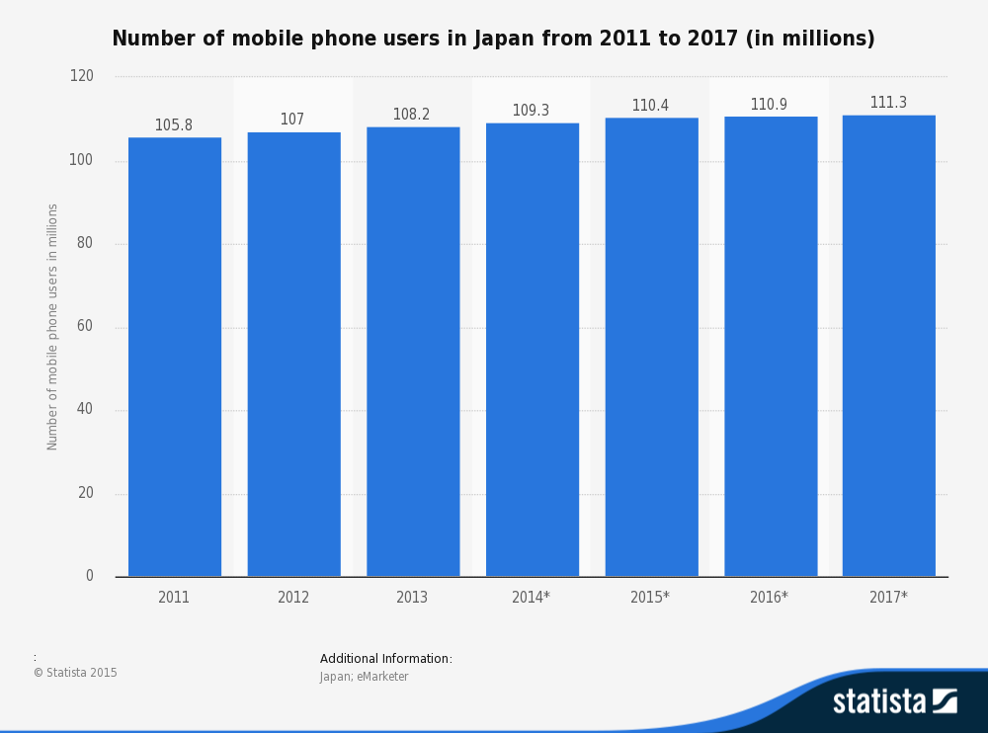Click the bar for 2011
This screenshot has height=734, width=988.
tap(175, 357)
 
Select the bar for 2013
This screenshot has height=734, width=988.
tap(413, 352)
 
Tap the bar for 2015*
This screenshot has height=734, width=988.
tap(651, 347)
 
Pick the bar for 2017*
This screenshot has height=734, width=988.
tap(888, 346)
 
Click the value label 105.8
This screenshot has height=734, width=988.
tap(174, 125)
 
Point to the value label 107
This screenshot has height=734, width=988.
tap(292, 120)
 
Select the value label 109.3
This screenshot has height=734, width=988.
tap(531, 111)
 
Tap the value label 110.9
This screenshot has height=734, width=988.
tap(769, 105)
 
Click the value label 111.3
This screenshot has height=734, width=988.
tap(888, 103)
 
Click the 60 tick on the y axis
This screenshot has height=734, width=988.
tap(86, 327)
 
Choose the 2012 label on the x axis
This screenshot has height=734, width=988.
tap(293, 598)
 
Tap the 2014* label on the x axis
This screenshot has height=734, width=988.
tap(531, 598)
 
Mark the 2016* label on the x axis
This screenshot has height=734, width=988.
tap(769, 598)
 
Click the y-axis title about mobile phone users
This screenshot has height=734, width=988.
tap(53, 327)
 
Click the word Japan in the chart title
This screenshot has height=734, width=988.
tap(503, 39)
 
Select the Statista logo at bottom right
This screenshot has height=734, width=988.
tap(894, 701)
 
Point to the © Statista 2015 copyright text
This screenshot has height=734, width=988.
tap(75, 673)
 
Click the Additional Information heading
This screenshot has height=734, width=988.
tap(386, 659)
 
